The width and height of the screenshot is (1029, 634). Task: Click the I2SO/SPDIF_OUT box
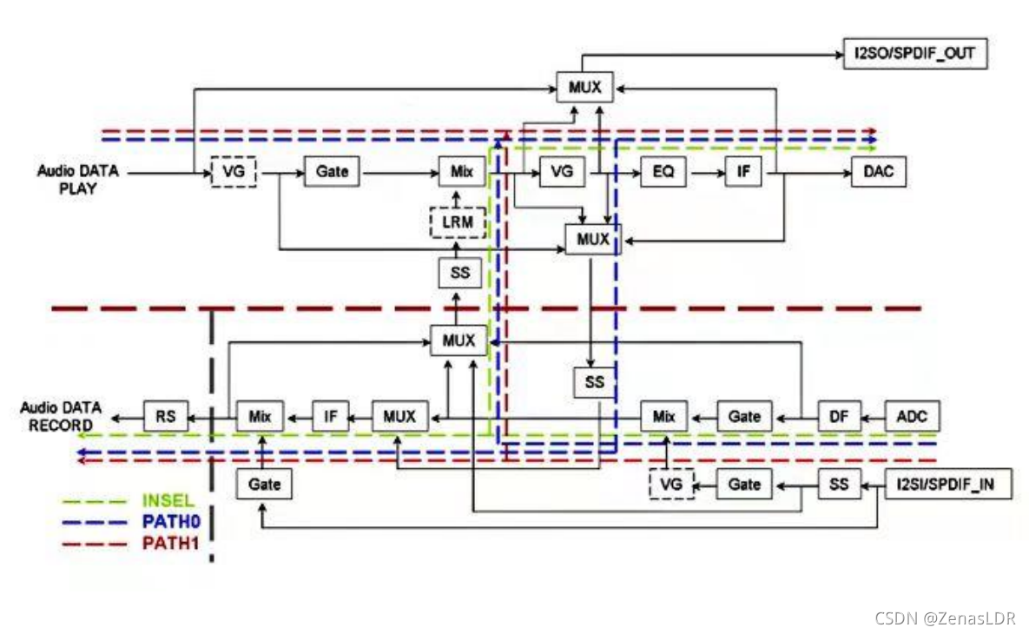(914, 55)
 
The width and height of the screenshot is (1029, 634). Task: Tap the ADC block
(912, 417)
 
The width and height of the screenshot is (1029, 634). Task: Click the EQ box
(663, 172)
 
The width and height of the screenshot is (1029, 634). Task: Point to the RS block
(166, 417)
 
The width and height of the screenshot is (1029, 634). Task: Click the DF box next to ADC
(839, 417)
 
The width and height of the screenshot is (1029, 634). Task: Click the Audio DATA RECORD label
(61, 416)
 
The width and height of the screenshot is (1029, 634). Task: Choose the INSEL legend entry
(168, 501)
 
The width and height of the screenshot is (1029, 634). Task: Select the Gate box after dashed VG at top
(332, 172)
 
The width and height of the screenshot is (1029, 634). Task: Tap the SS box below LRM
(459, 273)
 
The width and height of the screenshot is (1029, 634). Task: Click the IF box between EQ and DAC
(743, 172)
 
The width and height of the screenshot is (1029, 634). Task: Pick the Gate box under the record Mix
(264, 484)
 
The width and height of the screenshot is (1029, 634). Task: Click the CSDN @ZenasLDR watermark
(945, 618)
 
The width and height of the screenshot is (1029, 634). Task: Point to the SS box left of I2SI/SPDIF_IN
(839, 484)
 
